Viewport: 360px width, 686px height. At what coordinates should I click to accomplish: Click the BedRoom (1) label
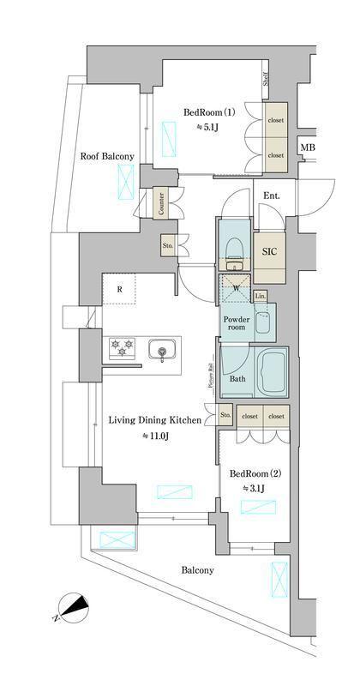coord(209,112)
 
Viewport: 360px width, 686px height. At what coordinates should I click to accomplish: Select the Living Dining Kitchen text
coord(154,420)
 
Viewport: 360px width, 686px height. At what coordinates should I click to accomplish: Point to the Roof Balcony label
coord(106,156)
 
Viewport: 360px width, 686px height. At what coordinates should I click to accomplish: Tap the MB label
coord(306,149)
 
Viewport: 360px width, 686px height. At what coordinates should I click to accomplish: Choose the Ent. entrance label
coord(273,196)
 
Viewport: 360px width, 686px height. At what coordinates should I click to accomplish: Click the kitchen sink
coord(161,350)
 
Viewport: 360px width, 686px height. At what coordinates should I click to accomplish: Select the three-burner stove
coord(121,349)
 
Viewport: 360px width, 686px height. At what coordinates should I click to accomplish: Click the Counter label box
coord(161,204)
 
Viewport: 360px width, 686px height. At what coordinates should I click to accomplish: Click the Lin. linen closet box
coord(261,296)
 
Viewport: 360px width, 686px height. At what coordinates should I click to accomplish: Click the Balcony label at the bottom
coord(197,569)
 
